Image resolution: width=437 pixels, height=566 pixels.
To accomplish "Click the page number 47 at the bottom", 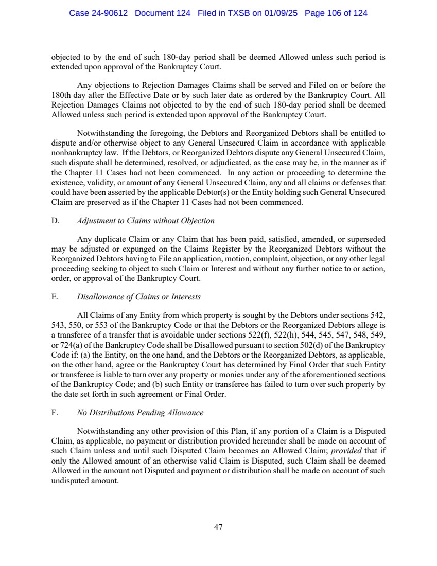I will pyautogui.click(x=218, y=527).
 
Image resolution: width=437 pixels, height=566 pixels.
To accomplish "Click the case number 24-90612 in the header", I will pyautogui.click(x=109, y=13).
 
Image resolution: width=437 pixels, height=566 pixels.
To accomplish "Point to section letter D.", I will pyautogui.click(x=55, y=221).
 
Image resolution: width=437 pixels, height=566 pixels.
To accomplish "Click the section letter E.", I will pyautogui.click(x=55, y=297).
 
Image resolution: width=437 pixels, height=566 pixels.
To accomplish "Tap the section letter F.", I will pyautogui.click(x=55, y=413).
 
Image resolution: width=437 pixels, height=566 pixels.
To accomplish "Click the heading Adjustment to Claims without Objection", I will pyautogui.click(x=146, y=221).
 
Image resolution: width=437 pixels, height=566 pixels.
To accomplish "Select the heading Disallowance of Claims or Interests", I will pyautogui.click(x=138, y=297).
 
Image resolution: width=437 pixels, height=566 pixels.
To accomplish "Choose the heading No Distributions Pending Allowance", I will pyautogui.click(x=140, y=413).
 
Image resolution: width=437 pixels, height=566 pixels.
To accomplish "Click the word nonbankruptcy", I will pyautogui.click(x=78, y=153).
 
